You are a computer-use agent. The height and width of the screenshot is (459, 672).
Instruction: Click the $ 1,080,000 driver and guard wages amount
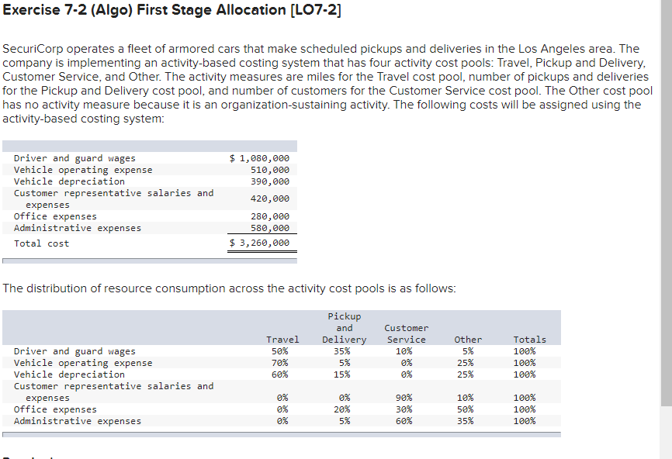click(260, 158)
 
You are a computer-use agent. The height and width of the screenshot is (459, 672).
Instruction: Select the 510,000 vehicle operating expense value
click(270, 170)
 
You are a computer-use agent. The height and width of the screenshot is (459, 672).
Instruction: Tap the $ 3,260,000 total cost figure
click(260, 243)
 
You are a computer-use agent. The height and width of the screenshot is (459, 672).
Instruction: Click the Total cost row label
click(41, 243)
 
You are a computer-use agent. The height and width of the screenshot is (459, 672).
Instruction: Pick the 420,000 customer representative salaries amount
click(270, 198)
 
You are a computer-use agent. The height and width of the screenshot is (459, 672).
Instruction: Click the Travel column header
click(282, 340)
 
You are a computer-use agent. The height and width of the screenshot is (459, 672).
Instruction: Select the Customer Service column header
click(406, 334)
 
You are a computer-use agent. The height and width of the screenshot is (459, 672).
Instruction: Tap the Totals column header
click(529, 340)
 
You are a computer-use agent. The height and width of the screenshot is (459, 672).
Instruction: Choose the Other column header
click(468, 340)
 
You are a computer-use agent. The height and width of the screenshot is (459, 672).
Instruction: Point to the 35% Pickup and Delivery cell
click(342, 351)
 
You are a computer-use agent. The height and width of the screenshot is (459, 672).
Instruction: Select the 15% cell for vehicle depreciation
click(342, 374)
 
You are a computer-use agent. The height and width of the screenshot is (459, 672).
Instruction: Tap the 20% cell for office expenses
click(342, 409)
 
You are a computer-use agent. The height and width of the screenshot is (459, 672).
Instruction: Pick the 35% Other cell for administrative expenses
click(466, 421)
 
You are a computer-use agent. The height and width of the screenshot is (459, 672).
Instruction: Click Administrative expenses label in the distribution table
click(78, 421)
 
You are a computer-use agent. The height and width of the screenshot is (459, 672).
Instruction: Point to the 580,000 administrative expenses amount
click(270, 228)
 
